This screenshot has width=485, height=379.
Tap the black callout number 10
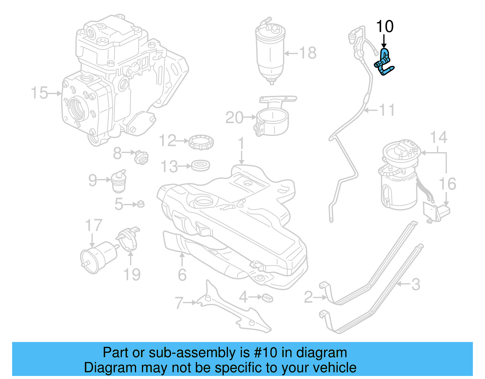(x=385, y=26)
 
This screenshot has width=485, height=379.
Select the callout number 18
(x=308, y=53)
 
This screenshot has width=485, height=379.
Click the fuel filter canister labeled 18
(x=270, y=52)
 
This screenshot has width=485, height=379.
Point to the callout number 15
(x=39, y=93)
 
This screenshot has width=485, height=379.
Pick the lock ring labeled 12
(x=201, y=143)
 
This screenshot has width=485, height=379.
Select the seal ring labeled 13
(x=200, y=166)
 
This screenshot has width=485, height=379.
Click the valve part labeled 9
(x=119, y=181)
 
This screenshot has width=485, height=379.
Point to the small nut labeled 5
(x=141, y=204)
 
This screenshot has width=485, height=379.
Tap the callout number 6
(x=182, y=275)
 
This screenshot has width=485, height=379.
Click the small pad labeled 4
(x=267, y=298)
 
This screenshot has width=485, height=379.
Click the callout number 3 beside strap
(x=416, y=284)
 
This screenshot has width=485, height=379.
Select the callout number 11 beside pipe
(x=387, y=110)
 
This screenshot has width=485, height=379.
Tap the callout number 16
(x=447, y=184)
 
